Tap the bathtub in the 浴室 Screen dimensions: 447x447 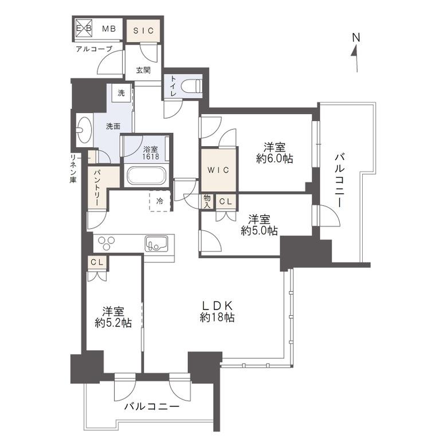click(x=147, y=175)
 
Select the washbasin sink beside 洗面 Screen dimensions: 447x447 click(x=85, y=130)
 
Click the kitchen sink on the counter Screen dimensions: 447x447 click(x=156, y=244)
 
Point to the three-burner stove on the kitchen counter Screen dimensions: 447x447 click(x=107, y=243)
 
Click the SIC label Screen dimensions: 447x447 click(x=143, y=30)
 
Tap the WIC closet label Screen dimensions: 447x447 click(x=218, y=170)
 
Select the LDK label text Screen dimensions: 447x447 click(x=218, y=305)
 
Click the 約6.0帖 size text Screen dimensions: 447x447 click(x=275, y=159)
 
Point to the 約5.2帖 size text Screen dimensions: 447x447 click(x=113, y=323)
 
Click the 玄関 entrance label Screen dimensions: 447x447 click(x=143, y=70)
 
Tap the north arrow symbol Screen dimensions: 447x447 click(x=355, y=59)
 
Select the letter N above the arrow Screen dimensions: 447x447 click(x=356, y=37)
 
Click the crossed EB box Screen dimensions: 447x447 click(x=84, y=28)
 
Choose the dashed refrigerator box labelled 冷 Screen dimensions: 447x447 click(x=160, y=201)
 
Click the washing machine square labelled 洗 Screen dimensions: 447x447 click(x=121, y=93)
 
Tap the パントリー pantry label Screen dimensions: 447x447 click(x=97, y=188)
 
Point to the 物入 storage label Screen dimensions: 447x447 click(x=207, y=201)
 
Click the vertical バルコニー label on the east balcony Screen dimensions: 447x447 click(x=339, y=180)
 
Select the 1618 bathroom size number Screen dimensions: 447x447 click(x=151, y=156)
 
